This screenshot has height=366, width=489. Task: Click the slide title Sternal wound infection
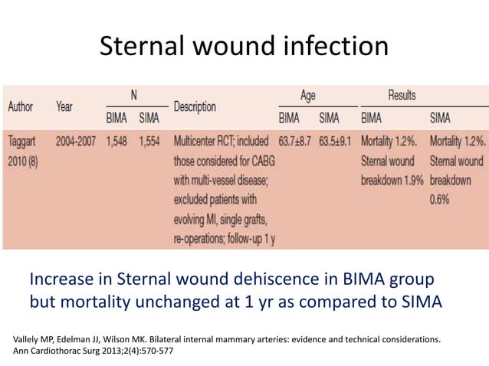tap(244, 47)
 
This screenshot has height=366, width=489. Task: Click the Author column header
tap(20, 107)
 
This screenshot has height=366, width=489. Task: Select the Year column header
tap(64, 107)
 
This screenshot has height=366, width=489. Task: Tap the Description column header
tap(195, 107)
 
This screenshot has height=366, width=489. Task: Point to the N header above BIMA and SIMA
tap(133, 95)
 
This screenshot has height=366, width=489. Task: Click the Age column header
tap(307, 95)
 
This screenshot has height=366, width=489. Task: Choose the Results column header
tap(402, 95)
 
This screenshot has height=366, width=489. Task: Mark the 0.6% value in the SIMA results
tap(441, 201)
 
